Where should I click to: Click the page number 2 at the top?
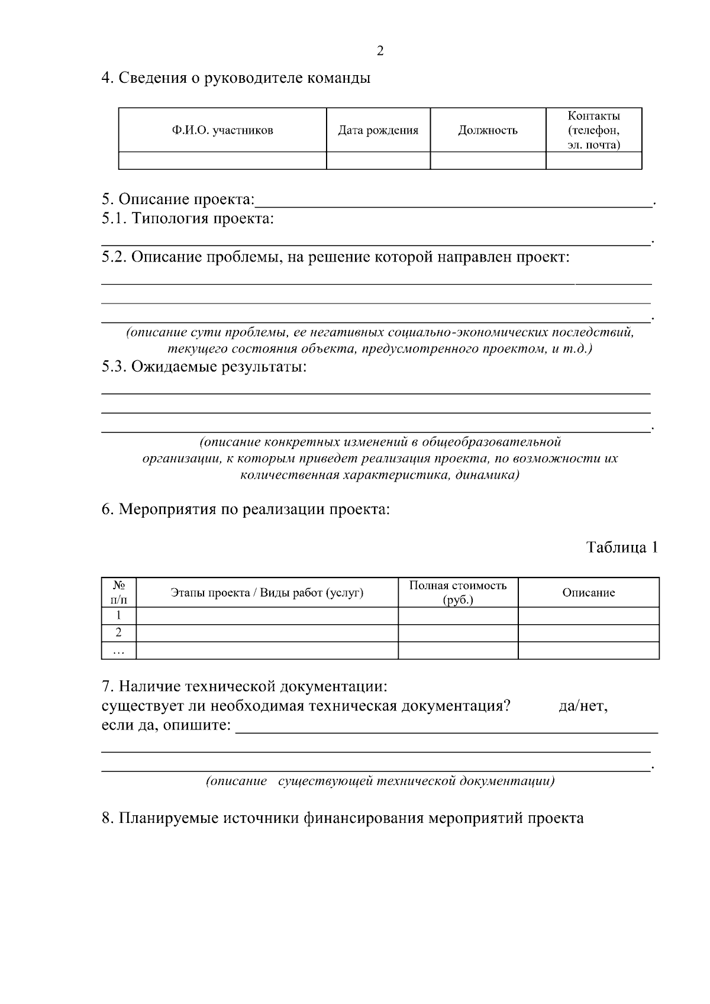pyautogui.click(x=380, y=51)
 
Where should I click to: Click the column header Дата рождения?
pyautogui.click(x=378, y=131)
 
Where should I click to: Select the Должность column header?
pyautogui.click(x=488, y=131)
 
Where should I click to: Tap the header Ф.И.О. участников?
pyautogui.click(x=222, y=131)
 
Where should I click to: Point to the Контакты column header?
pyautogui.click(x=593, y=130)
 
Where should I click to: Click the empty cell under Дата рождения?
pyautogui.click(x=378, y=160)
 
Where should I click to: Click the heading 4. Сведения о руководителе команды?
pyautogui.click(x=236, y=78)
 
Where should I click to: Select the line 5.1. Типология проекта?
pyautogui.click(x=188, y=219)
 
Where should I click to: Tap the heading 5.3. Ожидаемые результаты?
pyautogui.click(x=204, y=367)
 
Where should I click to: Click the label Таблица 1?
pyautogui.click(x=622, y=547)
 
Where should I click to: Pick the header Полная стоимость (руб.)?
pyautogui.click(x=458, y=592)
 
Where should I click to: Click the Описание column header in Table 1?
pyautogui.click(x=588, y=593)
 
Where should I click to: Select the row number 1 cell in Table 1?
pyautogui.click(x=119, y=615)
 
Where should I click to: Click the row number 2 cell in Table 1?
pyautogui.click(x=119, y=633)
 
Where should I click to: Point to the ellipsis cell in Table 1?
pyautogui.click(x=119, y=651)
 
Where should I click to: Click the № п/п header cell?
pyautogui.click(x=119, y=592)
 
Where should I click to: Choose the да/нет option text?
pyautogui.click(x=583, y=706)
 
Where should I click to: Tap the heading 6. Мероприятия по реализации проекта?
pyautogui.click(x=246, y=509)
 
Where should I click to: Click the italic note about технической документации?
pyautogui.click(x=380, y=782)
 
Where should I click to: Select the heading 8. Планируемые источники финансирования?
pyautogui.click(x=343, y=818)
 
